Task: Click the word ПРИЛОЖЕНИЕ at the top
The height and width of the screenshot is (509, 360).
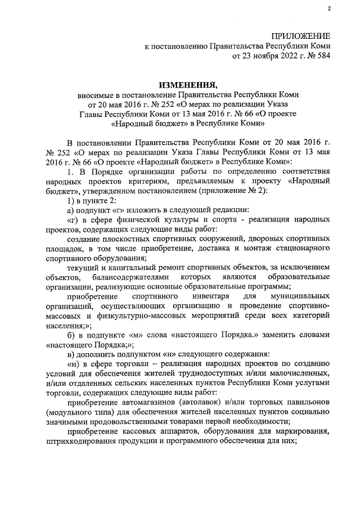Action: (301, 36)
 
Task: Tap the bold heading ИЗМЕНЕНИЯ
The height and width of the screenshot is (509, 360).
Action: (188, 85)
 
